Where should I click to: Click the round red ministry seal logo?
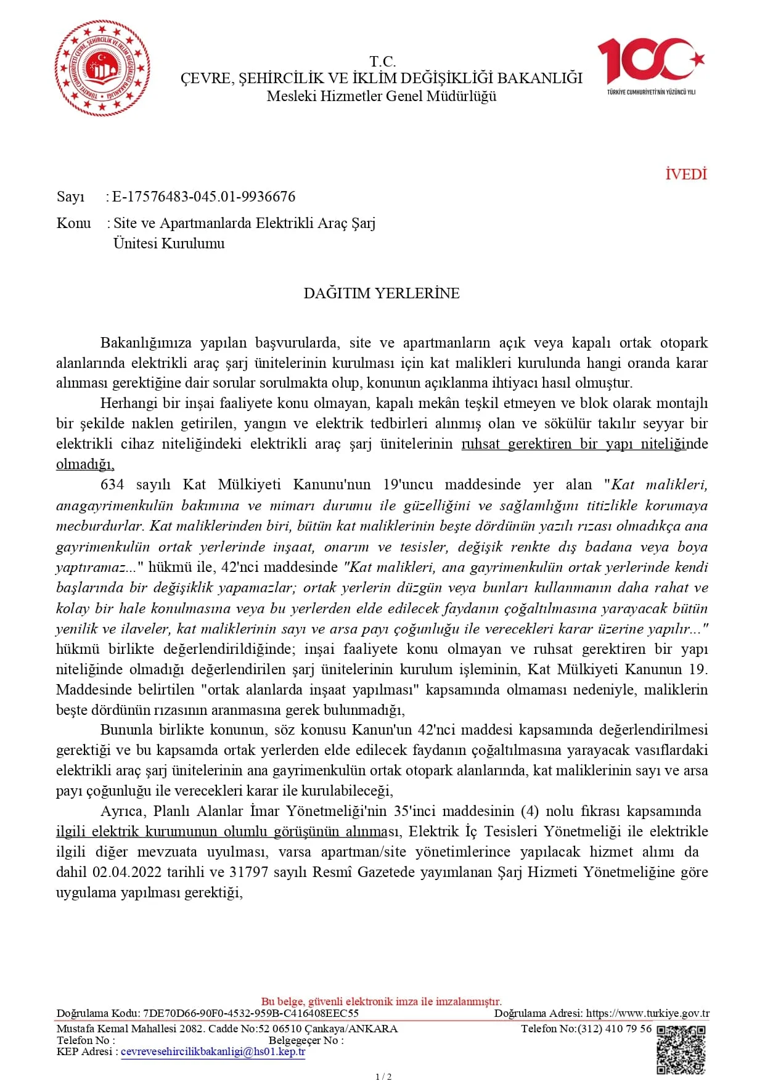[102, 68]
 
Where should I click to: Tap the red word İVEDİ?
[685, 174]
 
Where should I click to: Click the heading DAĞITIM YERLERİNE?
[382, 293]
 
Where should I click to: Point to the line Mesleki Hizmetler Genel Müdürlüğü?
[382, 96]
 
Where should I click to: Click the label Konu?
[73, 223]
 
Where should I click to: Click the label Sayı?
[70, 197]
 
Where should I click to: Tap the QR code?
[681, 1050]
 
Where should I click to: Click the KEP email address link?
[213, 1051]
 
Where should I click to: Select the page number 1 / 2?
[383, 1076]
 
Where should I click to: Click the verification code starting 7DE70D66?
[250, 1013]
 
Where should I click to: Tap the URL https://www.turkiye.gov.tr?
[647, 1013]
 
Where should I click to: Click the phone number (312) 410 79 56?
[614, 1028]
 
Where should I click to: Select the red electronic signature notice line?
[382, 1001]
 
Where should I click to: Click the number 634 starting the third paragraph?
[112, 485]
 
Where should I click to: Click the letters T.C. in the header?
[382, 62]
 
